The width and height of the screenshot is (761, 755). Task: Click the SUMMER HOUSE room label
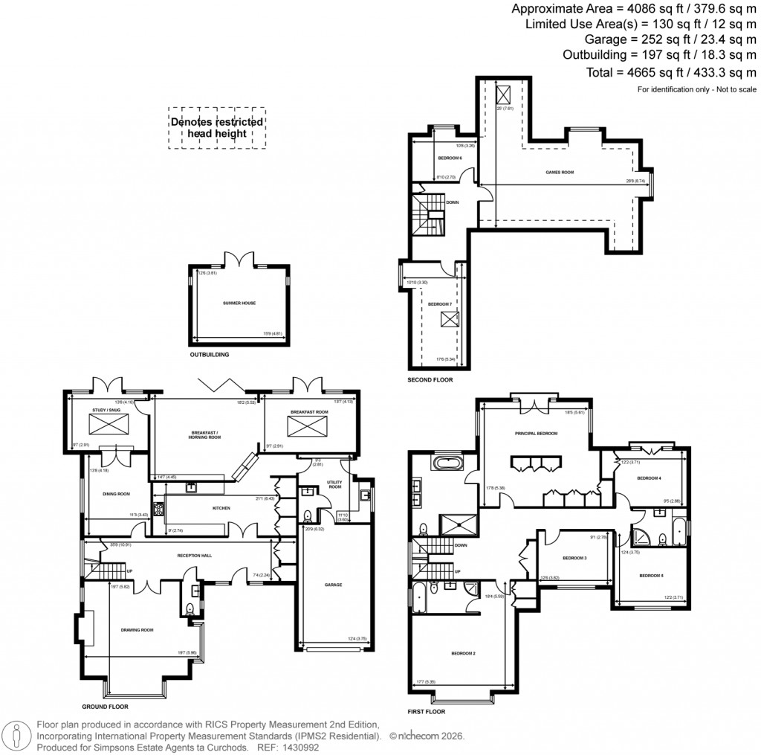coord(239,303)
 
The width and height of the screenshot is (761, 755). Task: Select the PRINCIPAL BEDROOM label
coord(536,433)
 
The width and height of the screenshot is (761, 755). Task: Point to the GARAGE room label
coord(333,585)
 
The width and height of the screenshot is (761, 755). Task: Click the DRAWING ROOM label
coord(137,630)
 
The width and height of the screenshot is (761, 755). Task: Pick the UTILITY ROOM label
coord(334,485)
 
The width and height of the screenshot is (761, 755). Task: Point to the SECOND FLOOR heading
coord(430,380)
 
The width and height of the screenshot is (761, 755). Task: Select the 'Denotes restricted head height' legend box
coord(216,127)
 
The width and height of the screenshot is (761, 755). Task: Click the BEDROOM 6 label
coord(450,158)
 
